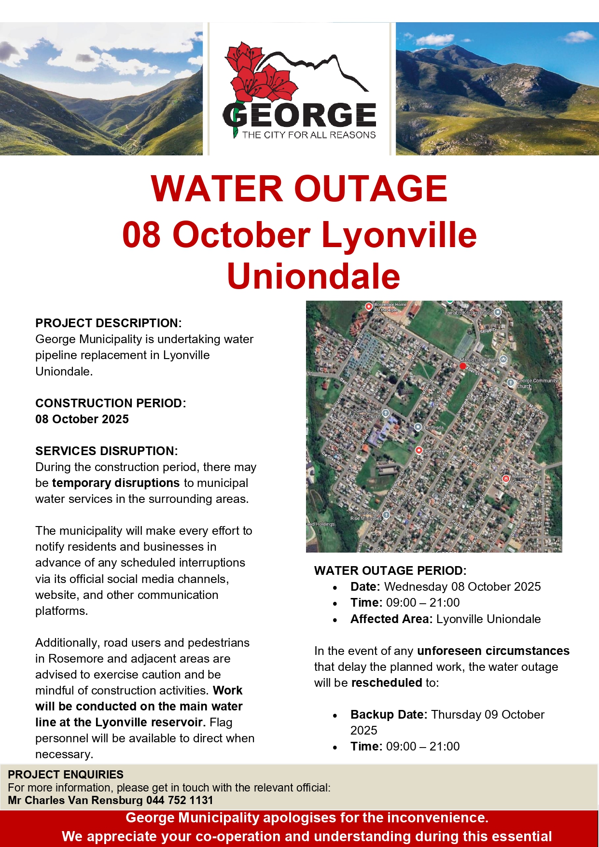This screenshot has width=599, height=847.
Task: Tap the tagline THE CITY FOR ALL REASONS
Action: (x=309, y=135)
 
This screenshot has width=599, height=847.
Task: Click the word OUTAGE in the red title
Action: (x=371, y=188)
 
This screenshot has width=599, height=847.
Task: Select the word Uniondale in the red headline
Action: (x=314, y=276)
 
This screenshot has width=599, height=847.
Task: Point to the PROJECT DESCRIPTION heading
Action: (x=109, y=323)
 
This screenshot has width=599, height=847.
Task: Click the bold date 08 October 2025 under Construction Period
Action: (x=82, y=419)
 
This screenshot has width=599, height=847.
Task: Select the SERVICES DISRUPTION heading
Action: (x=107, y=451)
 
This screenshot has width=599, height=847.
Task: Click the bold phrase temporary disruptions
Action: (x=116, y=483)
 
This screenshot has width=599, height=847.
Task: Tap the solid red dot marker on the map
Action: (x=462, y=366)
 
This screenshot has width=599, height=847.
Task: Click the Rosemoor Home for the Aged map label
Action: (x=390, y=307)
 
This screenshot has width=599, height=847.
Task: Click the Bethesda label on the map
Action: (x=433, y=428)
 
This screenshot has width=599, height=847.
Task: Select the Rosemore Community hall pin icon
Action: (x=506, y=479)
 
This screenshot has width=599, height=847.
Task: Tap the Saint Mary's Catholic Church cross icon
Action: (x=386, y=413)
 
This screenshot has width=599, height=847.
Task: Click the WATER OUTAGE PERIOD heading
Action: (x=390, y=570)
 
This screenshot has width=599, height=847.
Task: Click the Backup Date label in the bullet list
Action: (x=389, y=714)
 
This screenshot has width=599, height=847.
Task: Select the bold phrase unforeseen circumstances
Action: (x=493, y=651)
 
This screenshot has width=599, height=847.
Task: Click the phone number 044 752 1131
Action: (x=180, y=800)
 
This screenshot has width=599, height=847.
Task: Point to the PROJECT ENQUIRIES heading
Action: (x=66, y=775)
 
